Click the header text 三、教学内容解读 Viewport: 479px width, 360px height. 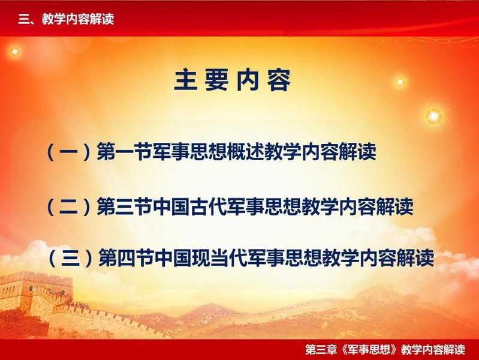click(66, 19)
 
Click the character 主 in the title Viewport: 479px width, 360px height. click(186, 80)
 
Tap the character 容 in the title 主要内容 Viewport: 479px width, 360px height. click(279, 80)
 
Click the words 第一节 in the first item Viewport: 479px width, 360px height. click(124, 152)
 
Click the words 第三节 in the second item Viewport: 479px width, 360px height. click(124, 207)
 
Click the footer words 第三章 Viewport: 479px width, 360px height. click(321, 349)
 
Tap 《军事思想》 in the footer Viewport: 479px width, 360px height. click(369, 349)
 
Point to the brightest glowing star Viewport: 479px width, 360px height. click(434, 116)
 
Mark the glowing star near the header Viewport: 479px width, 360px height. click(14, 52)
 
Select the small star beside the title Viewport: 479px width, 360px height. click(400, 82)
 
